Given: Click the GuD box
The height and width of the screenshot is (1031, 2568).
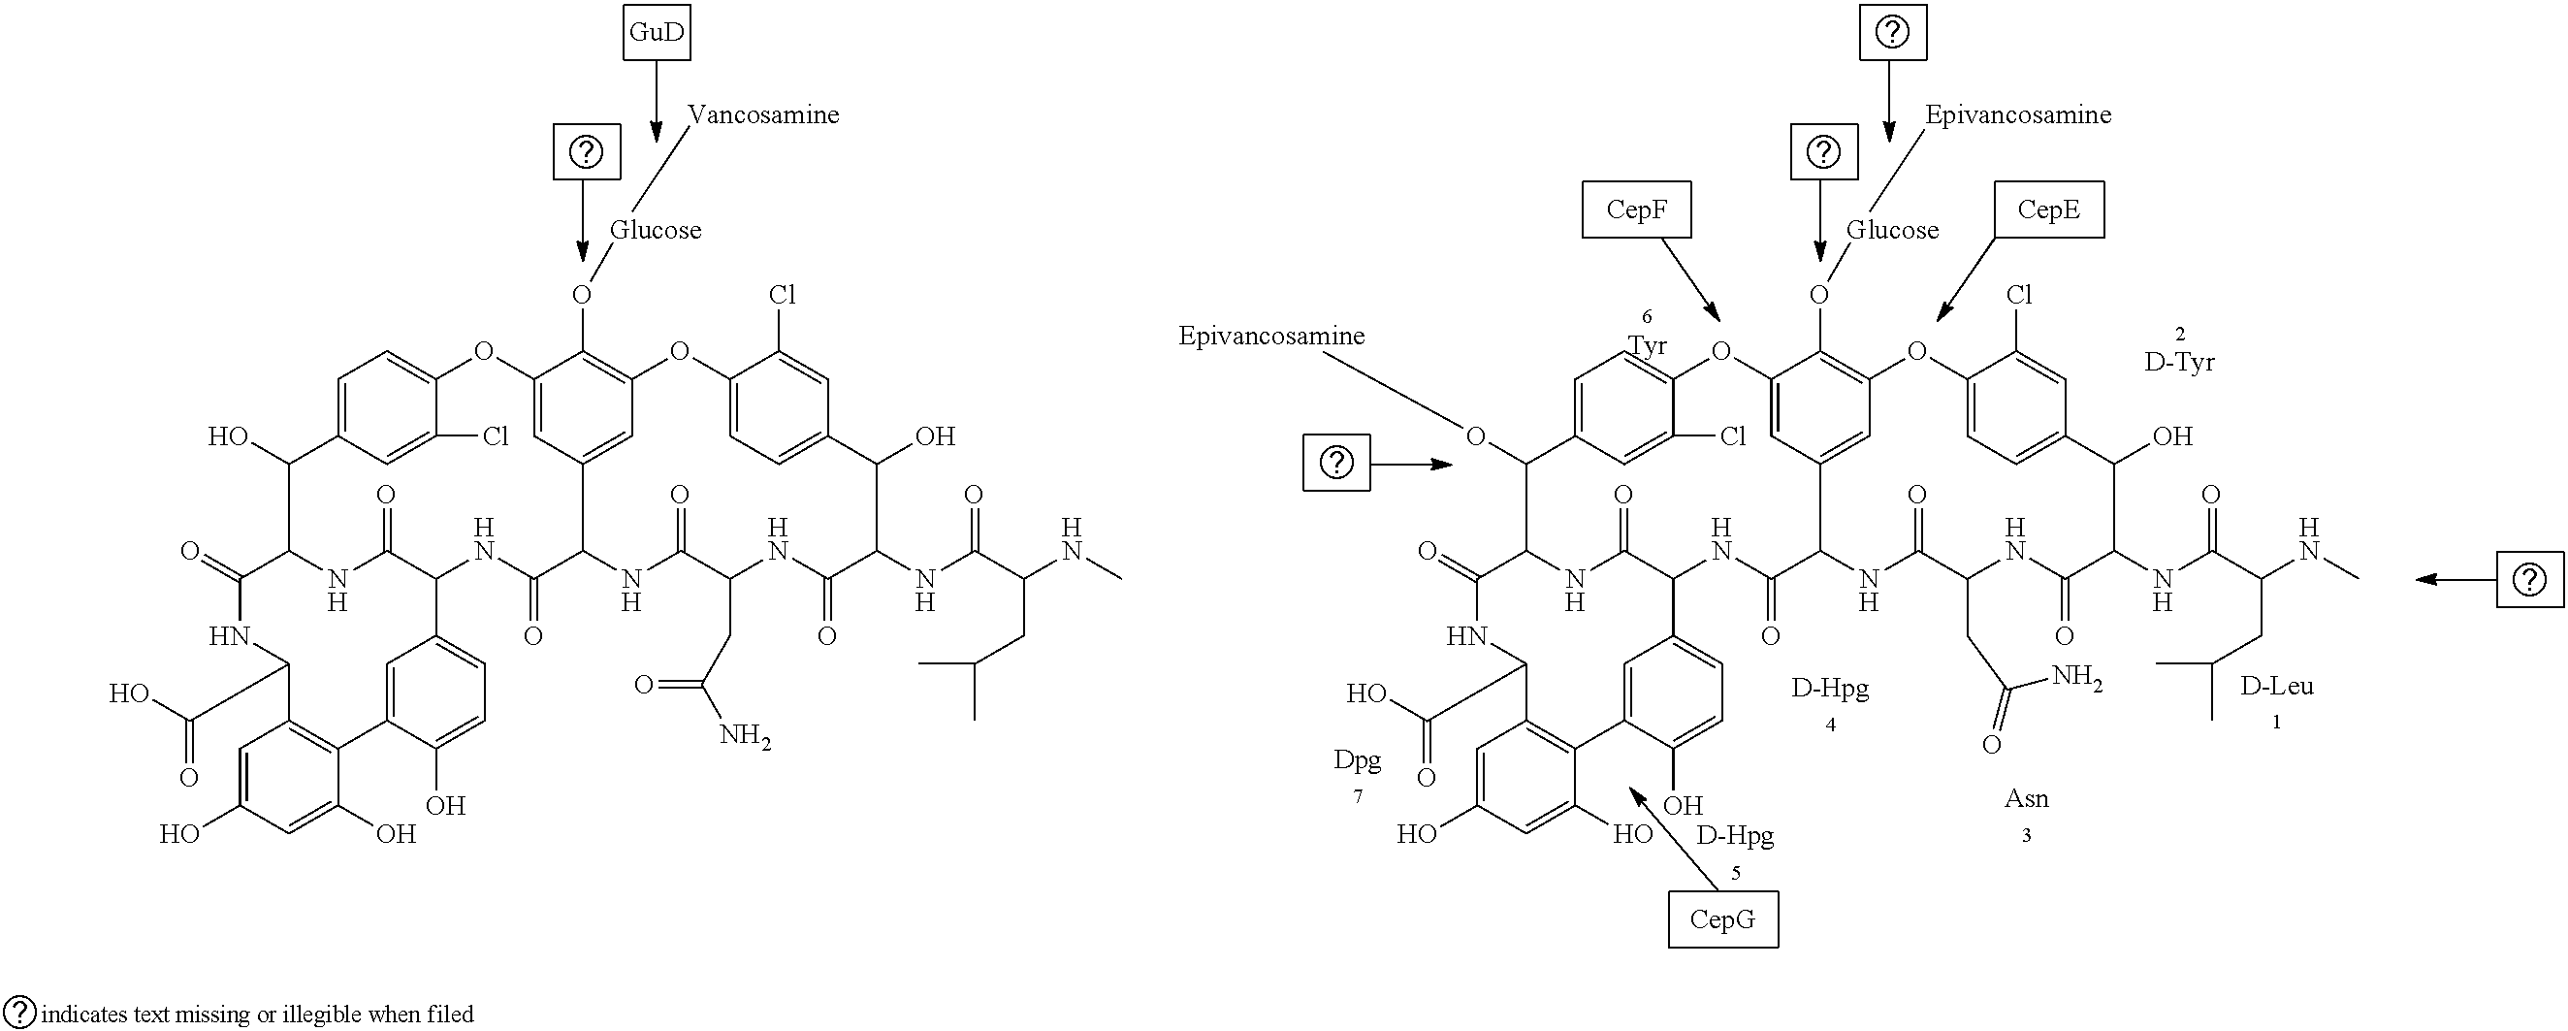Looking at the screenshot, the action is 657,32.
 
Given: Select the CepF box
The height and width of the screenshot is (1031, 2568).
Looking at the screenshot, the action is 1636,209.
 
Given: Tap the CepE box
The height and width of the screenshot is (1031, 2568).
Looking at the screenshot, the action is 2048,209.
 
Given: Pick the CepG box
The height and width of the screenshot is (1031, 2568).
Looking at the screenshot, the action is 1722,919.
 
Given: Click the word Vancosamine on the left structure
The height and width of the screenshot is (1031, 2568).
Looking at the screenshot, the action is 763,114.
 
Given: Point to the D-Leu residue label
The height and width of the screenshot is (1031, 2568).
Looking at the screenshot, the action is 2277,686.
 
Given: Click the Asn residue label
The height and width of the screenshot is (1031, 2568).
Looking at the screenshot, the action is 2027,798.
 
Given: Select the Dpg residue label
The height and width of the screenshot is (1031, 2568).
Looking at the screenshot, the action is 1358,761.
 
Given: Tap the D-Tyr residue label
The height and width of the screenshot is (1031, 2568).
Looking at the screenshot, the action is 2179,362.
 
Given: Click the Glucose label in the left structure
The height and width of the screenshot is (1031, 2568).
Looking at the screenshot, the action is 656,230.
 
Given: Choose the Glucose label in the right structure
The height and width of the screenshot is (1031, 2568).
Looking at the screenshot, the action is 1893,230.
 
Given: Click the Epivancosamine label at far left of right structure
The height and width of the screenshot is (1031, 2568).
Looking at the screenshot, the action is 1272,336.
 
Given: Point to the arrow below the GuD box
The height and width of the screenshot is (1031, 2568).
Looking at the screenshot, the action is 656,102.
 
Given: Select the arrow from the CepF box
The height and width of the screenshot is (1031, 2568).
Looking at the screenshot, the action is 1690,280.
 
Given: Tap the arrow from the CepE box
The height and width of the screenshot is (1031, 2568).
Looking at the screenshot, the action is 1966,280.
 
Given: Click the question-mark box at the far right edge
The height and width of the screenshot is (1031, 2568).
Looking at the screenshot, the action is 2529,578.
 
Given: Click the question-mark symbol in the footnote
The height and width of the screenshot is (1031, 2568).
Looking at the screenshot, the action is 20,1012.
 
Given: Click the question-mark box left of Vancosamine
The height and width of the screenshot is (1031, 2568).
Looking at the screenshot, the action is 587,152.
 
